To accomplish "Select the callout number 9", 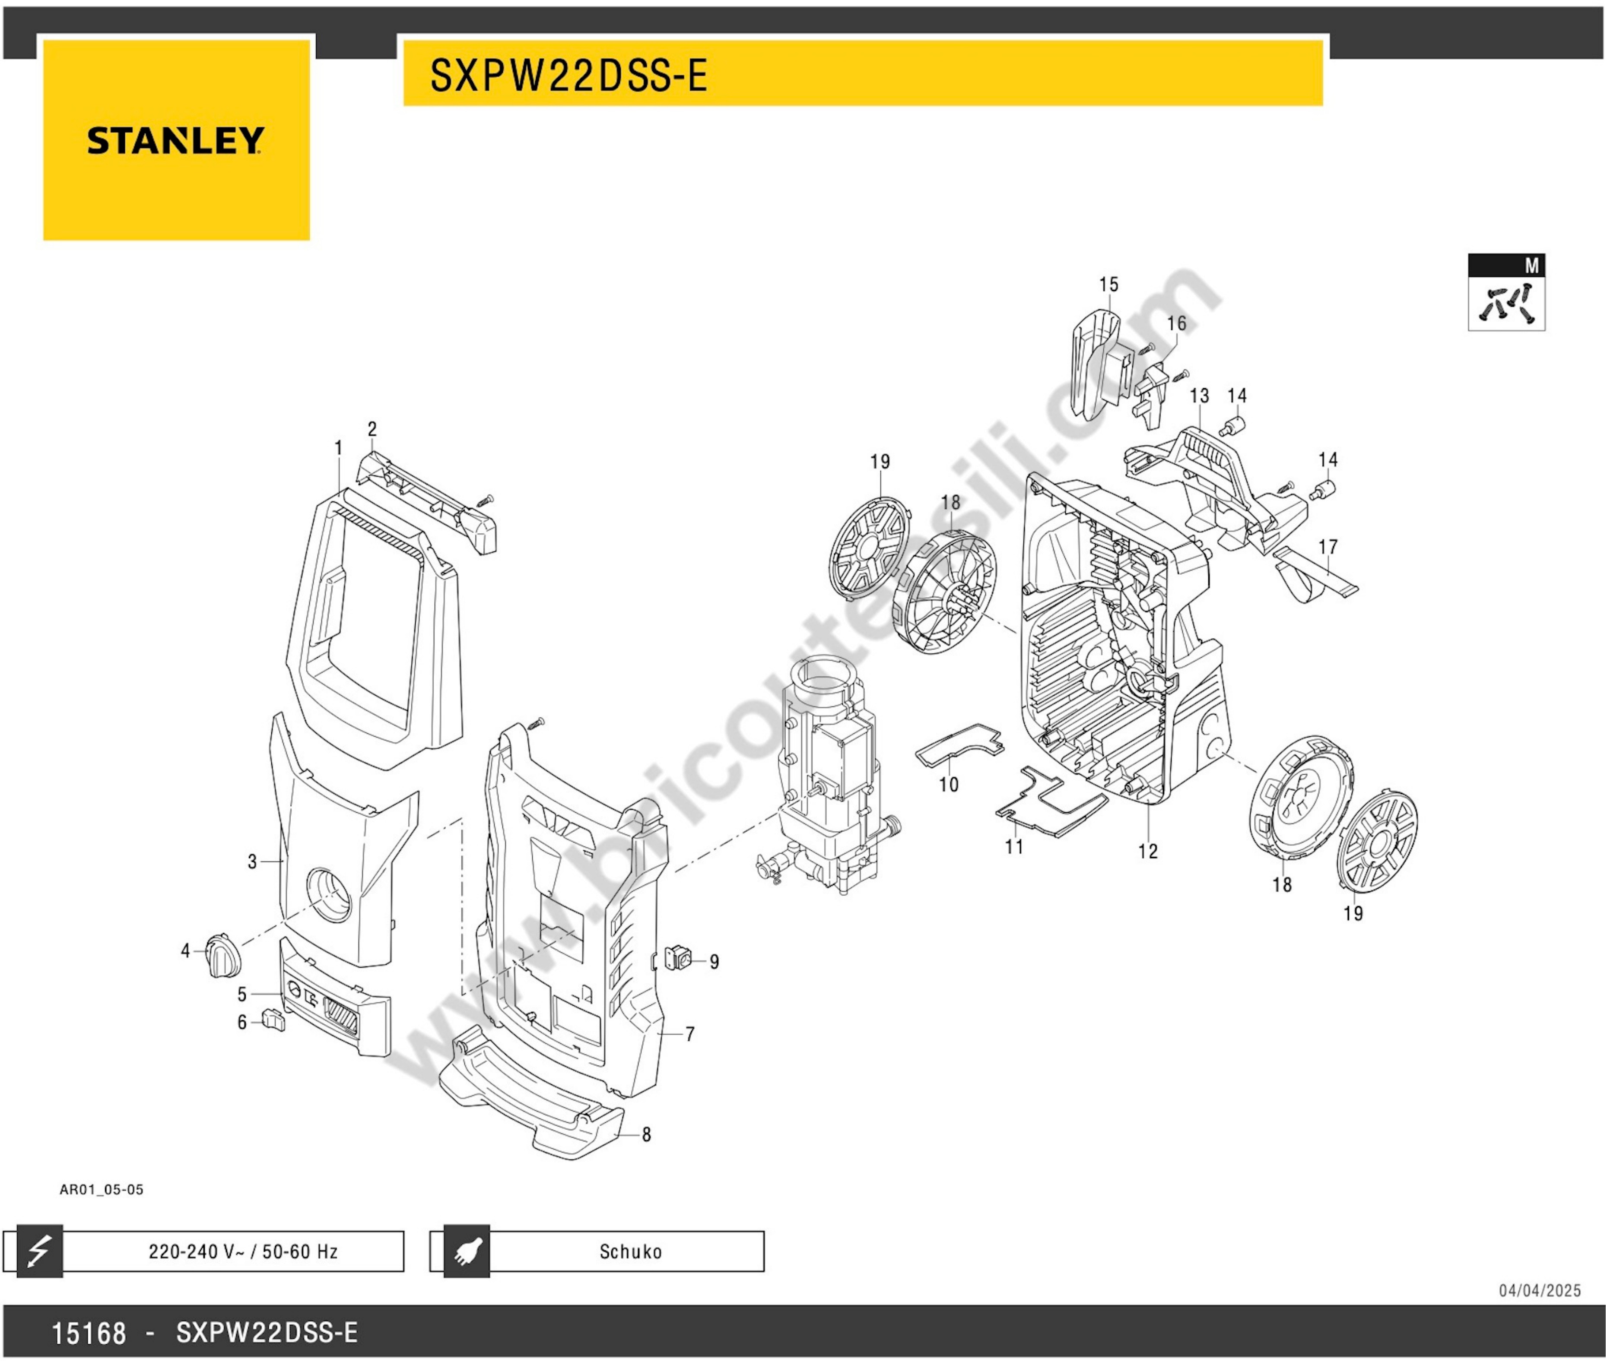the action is pyautogui.click(x=715, y=962).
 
